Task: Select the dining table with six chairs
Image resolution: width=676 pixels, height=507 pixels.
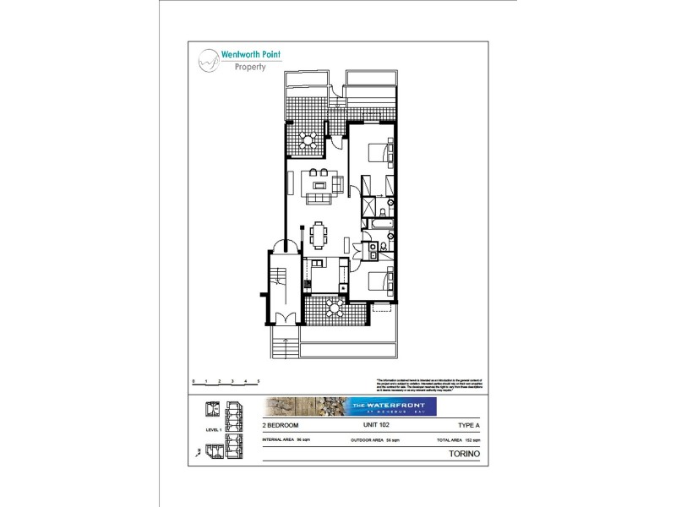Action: coord(319,234)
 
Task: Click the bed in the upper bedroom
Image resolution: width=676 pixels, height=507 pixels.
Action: coord(379,152)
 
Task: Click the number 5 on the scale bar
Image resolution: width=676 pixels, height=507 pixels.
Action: coord(258,381)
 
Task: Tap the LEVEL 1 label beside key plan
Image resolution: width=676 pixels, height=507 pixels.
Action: coord(214,430)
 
